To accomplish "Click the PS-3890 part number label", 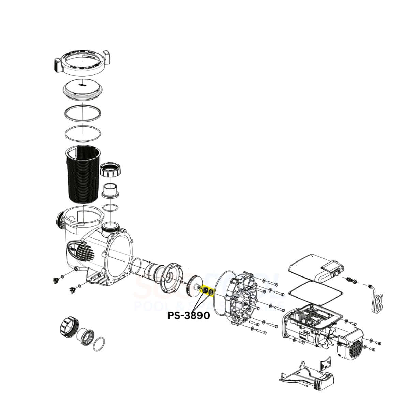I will (x=189, y=316).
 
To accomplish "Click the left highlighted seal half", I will (x=205, y=291).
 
